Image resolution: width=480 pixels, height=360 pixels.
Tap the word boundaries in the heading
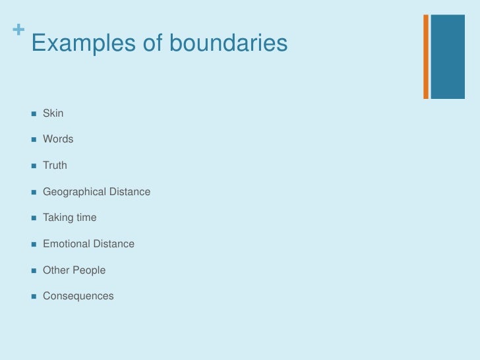point(228,44)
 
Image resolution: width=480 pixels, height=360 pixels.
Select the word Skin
point(53,113)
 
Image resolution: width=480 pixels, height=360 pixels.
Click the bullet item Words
point(58,139)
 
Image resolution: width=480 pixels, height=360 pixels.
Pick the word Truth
point(55,165)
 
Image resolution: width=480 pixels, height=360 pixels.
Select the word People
point(89,270)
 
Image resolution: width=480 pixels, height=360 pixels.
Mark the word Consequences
point(78,296)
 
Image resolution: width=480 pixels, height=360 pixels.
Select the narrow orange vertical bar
point(426,57)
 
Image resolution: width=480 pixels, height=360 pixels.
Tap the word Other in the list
point(56,270)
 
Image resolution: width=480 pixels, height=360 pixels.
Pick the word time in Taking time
point(86,218)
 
